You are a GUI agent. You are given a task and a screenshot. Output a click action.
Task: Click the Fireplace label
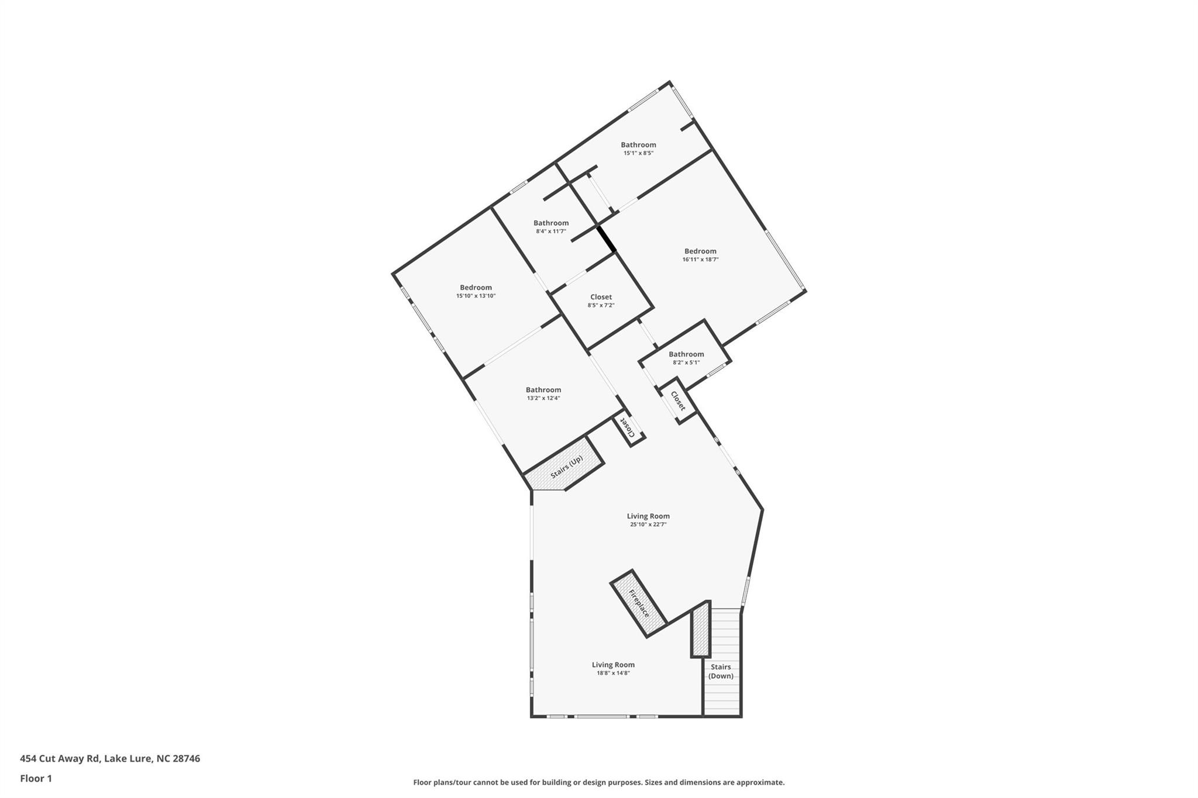tap(639, 603)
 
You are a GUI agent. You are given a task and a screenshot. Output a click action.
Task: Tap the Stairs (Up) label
tap(566, 467)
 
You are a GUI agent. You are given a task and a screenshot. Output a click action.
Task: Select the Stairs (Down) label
tap(721, 671)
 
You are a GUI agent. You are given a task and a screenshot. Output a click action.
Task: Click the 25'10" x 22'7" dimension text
tap(648, 524)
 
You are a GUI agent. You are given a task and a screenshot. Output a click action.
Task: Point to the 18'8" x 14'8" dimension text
tap(613, 673)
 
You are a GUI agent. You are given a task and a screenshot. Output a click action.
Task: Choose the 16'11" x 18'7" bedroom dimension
tap(700, 260)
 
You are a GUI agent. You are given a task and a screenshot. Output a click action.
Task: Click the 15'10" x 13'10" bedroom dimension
tap(476, 296)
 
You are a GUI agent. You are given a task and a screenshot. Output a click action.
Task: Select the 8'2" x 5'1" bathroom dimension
tap(686, 362)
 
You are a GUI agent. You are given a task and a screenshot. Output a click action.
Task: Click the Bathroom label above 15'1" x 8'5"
tap(638, 144)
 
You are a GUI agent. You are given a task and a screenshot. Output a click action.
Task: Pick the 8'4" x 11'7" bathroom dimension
tap(551, 231)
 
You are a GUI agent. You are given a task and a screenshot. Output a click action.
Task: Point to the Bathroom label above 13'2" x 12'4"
tap(543, 389)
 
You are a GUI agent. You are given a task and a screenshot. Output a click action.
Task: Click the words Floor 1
tap(36, 778)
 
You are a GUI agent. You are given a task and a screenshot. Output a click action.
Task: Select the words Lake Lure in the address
tap(128, 758)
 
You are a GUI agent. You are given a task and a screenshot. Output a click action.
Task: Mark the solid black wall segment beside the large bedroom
tap(606, 239)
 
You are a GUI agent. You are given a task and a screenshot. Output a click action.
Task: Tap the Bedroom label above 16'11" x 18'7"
tap(700, 251)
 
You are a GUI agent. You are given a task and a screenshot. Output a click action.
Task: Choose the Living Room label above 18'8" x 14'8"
tap(613, 664)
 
